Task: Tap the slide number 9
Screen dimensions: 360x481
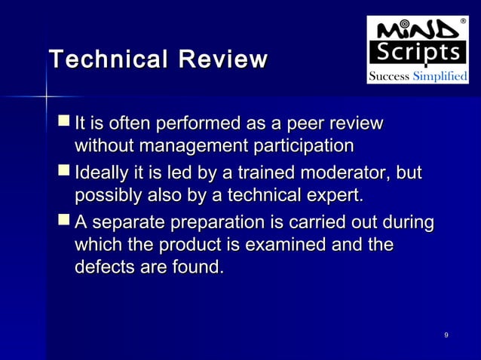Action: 447,335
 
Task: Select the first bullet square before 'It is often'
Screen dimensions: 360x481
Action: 65,122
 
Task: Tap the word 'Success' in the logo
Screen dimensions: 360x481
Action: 388,77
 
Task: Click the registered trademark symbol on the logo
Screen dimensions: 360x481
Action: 461,20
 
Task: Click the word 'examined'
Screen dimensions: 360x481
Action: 305,246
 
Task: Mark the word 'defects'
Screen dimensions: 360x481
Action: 100,267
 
